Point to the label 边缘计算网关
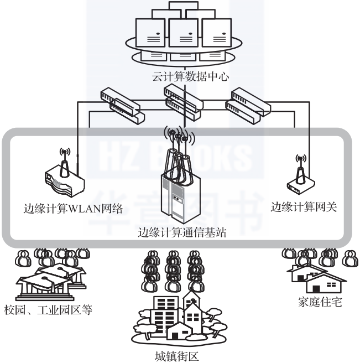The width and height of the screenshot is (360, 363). point(304,207)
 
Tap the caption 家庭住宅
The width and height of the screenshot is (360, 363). point(319,302)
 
